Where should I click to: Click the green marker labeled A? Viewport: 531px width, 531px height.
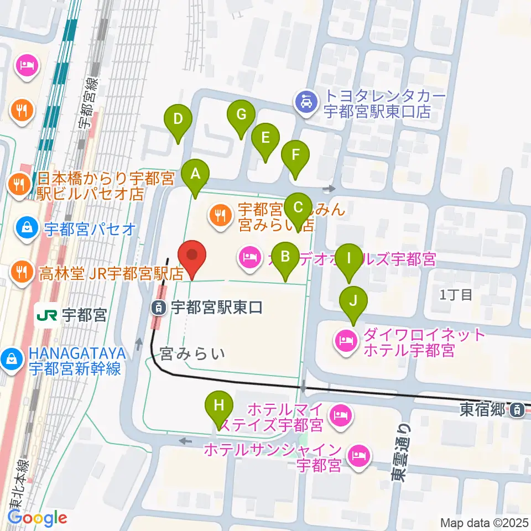[195, 175]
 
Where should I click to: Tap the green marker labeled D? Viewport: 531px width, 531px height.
[178, 119]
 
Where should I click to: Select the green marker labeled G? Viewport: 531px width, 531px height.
[241, 115]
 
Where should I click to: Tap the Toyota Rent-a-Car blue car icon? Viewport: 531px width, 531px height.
[305, 102]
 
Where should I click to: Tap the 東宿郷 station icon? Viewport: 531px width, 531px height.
[516, 410]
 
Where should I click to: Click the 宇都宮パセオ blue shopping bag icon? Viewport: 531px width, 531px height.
[25, 228]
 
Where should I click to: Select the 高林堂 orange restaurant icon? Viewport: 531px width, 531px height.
[21, 271]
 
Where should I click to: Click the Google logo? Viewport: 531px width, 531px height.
[38, 518]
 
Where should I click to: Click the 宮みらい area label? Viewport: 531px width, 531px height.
[192, 353]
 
